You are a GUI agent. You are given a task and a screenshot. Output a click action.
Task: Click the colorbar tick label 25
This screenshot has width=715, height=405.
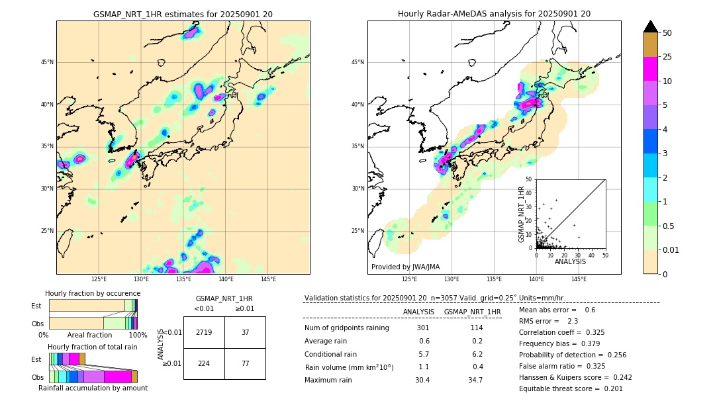(x=667, y=57)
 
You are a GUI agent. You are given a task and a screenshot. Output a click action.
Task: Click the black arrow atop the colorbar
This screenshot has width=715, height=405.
(x=651, y=26)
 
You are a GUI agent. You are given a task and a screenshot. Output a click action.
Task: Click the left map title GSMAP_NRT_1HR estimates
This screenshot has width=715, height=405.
(x=183, y=14)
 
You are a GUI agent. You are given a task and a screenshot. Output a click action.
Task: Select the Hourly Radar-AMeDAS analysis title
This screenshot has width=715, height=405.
(x=494, y=14)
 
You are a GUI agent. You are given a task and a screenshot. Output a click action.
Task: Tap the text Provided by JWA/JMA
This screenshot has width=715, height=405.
(x=405, y=267)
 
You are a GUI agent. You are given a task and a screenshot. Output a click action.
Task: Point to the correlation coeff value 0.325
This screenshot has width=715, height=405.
(x=610, y=332)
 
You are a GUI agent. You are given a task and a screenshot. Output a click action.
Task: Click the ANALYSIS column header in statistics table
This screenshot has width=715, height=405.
(x=418, y=312)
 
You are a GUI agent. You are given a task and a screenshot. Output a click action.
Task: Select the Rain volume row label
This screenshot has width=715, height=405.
(x=349, y=367)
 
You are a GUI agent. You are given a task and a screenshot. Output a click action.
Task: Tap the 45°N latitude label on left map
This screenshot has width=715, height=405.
(x=47, y=62)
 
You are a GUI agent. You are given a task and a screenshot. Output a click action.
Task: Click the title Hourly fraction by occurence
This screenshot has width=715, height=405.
(x=93, y=293)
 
